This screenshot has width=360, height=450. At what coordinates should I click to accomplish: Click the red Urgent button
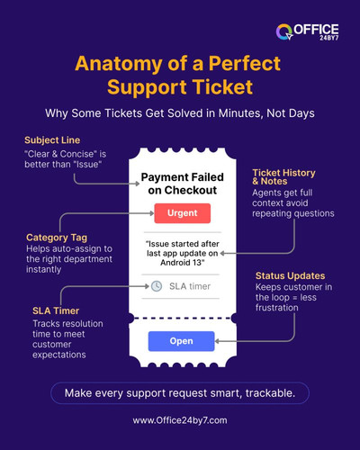click(181, 213)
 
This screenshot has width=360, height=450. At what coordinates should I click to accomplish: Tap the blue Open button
click(181, 342)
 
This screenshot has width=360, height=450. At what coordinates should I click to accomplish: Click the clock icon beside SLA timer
click(157, 285)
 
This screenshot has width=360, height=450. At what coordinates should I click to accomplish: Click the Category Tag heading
click(56, 238)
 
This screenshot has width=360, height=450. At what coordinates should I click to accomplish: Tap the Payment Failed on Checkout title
click(181, 183)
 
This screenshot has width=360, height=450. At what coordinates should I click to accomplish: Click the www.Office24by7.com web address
click(180, 420)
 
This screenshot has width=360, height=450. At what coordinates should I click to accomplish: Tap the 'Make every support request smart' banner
click(180, 392)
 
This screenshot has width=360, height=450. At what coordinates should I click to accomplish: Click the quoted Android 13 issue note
click(181, 251)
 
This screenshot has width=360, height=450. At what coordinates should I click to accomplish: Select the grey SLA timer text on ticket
click(190, 285)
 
